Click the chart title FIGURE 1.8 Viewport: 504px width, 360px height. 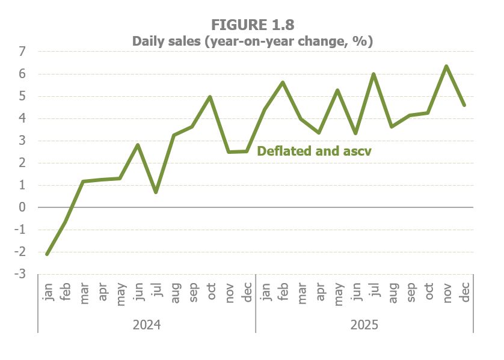click(252, 25)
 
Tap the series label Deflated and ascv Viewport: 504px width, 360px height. click(314, 151)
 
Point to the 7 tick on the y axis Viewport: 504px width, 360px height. click(22, 52)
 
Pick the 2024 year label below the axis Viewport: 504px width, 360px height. click(147, 325)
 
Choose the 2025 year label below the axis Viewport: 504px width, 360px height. click(364, 325)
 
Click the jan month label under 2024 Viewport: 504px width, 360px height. click(48, 291)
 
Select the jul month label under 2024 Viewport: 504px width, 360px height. click(156, 293)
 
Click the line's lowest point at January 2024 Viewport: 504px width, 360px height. click(47, 254)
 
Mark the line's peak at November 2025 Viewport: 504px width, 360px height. click(446, 66)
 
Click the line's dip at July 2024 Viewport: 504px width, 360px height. click(156, 192)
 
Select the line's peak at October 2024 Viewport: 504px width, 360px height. click(210, 97)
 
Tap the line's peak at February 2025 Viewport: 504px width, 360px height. click(283, 82)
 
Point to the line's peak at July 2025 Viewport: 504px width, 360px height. click(373, 75)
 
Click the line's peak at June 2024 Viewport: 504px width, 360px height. click(138, 145)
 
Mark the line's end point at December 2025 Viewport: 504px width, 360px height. click(464, 105)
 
